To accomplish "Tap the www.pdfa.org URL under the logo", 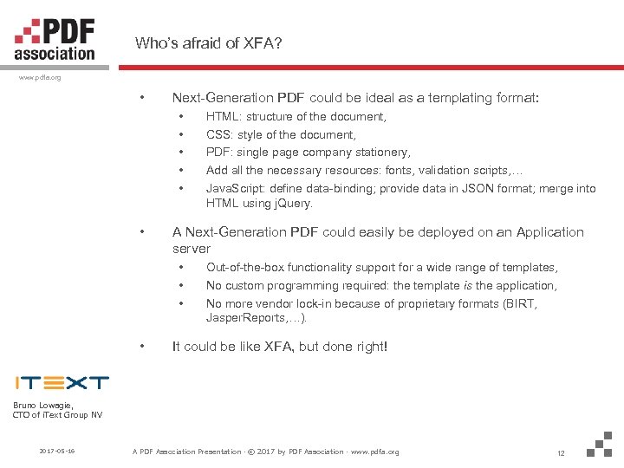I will tap(40, 77).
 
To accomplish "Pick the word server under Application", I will tap(191, 249).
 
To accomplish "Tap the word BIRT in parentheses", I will tap(523, 303).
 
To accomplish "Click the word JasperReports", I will tap(244, 319).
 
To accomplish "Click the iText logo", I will tap(62, 382).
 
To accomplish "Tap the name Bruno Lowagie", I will tap(43, 405).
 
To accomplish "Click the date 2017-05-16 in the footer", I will tap(56, 452).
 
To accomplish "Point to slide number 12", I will tap(561, 452).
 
